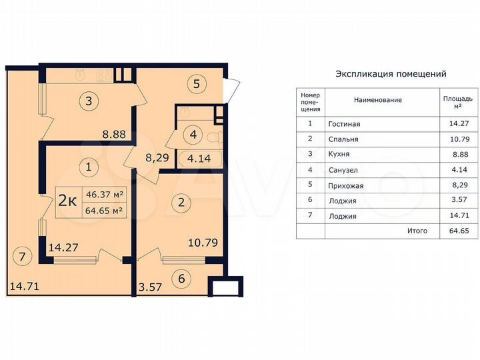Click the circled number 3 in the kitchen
(x=88, y=102)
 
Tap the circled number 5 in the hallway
(x=197, y=85)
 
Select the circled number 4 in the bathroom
(x=193, y=135)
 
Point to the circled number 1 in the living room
(x=88, y=165)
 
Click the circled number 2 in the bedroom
(x=179, y=201)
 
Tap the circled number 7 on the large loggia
(x=23, y=255)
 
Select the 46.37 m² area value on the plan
(x=104, y=195)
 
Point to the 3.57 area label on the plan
(x=151, y=288)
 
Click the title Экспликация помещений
(x=390, y=74)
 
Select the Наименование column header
(x=377, y=100)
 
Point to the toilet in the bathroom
(x=215, y=137)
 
